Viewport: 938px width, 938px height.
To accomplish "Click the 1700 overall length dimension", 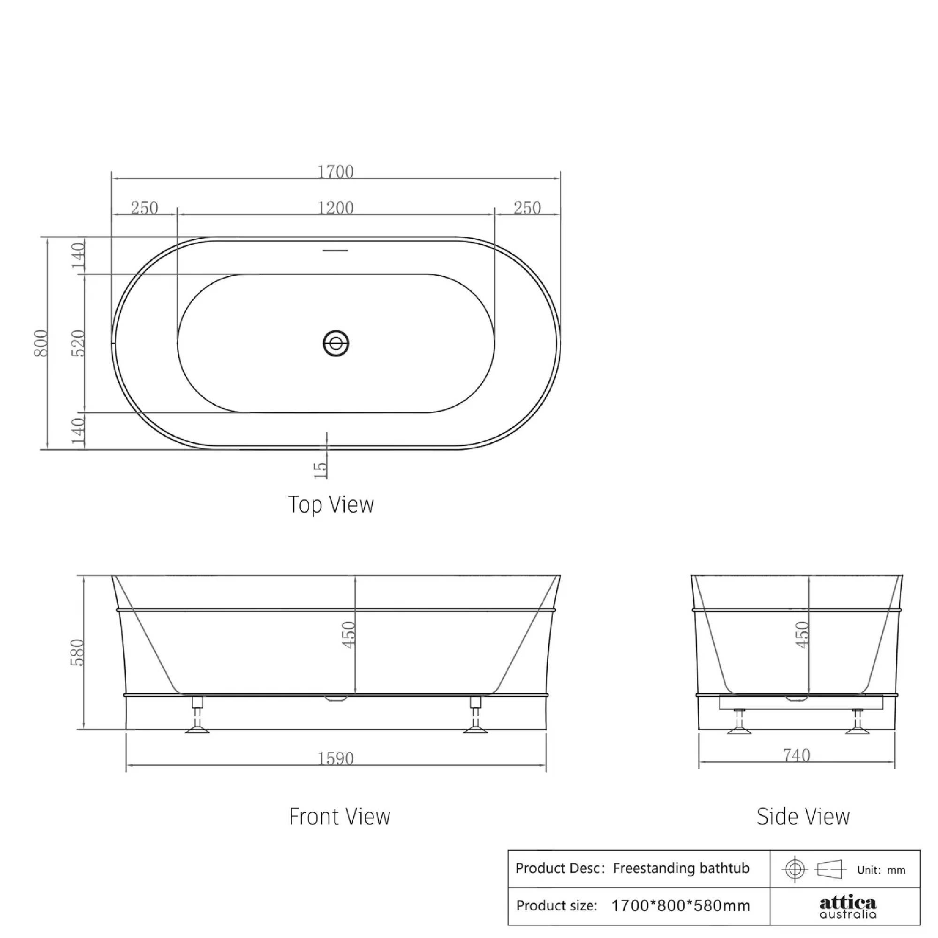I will (335, 171).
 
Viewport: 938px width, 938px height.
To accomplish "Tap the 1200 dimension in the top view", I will (335, 208).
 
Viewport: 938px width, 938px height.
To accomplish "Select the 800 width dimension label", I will (41, 343).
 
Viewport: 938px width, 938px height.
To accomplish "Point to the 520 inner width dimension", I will (78, 343).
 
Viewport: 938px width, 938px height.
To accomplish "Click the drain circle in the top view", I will (336, 343).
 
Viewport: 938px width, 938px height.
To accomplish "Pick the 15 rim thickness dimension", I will (320, 470).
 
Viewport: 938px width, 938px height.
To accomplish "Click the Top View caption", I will (331, 505).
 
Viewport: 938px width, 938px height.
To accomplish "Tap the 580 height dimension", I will (78, 652).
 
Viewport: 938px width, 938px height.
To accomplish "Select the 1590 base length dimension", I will (335, 758).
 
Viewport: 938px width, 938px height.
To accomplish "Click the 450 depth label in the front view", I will (349, 635).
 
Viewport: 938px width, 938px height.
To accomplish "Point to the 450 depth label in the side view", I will (802, 635).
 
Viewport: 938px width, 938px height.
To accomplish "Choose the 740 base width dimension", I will (796, 756).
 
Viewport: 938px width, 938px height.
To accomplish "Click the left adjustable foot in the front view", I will (197, 715).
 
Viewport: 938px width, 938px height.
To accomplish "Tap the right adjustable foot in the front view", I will (475, 715).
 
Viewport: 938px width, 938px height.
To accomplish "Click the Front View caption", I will (340, 817).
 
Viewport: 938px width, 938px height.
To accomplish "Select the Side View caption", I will (803, 817).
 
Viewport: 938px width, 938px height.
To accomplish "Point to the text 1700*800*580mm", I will (680, 906).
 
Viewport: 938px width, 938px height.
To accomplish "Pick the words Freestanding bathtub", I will (681, 868).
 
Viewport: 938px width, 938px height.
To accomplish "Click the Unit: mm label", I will (881, 870).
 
